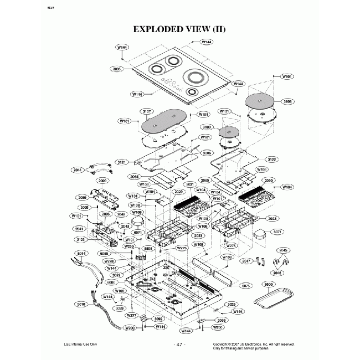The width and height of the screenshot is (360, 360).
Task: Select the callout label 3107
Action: click(147, 111)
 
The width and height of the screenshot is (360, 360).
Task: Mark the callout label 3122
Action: click(272, 159)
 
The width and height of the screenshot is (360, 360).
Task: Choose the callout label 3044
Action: click(78, 170)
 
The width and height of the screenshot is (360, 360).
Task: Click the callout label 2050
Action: click(83, 197)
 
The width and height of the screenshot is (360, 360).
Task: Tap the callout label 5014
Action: click(81, 254)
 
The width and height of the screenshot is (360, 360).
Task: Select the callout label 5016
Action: click(80, 304)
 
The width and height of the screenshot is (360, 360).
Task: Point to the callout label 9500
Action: click(270, 284)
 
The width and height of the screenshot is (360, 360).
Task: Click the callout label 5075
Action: click(247, 286)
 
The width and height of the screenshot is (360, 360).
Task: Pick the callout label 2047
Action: click(246, 261)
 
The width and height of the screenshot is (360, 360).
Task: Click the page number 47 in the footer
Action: click(179, 344)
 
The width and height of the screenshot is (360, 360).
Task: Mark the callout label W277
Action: click(131, 315)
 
